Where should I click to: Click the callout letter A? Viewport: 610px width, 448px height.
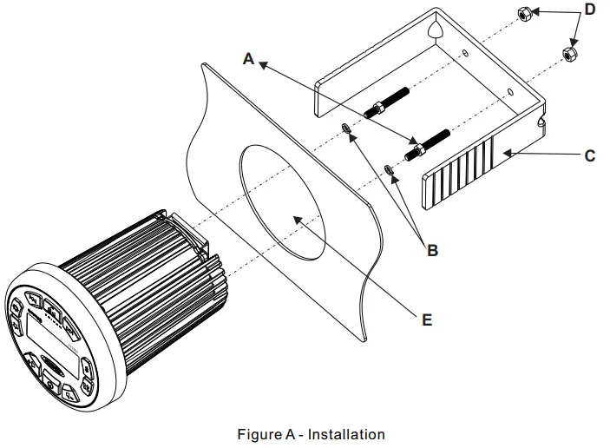coord(250,59)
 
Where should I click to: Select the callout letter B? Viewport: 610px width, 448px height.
coord(432,252)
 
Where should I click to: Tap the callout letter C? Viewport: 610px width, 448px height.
coord(589,155)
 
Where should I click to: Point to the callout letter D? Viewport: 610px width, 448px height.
coord(590,10)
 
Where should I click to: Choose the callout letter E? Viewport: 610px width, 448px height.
coord(426,320)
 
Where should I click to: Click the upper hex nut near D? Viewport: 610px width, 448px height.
coord(524,14)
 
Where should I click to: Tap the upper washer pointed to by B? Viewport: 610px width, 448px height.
coord(345,130)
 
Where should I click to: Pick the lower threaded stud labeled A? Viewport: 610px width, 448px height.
coord(427,142)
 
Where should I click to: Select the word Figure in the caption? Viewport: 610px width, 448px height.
coord(257,433)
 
